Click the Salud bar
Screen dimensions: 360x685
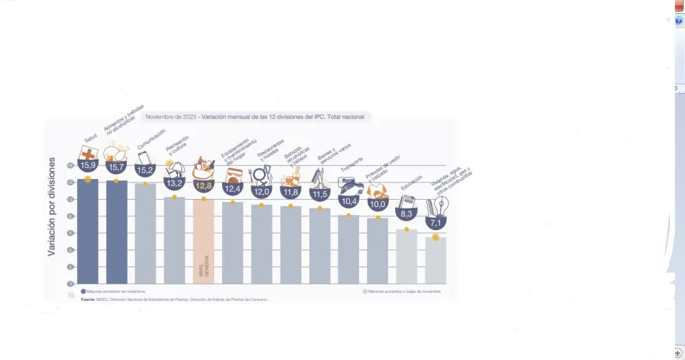pos(87,231)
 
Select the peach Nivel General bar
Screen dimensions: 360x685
pos(203,241)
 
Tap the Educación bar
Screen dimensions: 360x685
pos(407,256)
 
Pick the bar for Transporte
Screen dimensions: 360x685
pos(348,249)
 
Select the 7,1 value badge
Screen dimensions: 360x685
pos(436,223)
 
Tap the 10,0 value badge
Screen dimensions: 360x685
pos(378,204)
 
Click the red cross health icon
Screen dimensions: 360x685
pos(89,154)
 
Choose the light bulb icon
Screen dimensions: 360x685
pos(438,207)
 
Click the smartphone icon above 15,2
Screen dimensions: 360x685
pos(144,157)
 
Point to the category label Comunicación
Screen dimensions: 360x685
pos(151,137)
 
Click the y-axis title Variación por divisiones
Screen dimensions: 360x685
pos(52,217)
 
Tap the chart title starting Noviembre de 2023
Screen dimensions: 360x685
pos(256,116)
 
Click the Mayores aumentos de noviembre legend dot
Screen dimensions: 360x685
pos(84,291)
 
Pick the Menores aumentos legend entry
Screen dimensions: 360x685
pos(402,291)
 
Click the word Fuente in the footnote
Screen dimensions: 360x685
pos(87,299)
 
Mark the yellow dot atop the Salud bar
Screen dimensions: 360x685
pos(87,179)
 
